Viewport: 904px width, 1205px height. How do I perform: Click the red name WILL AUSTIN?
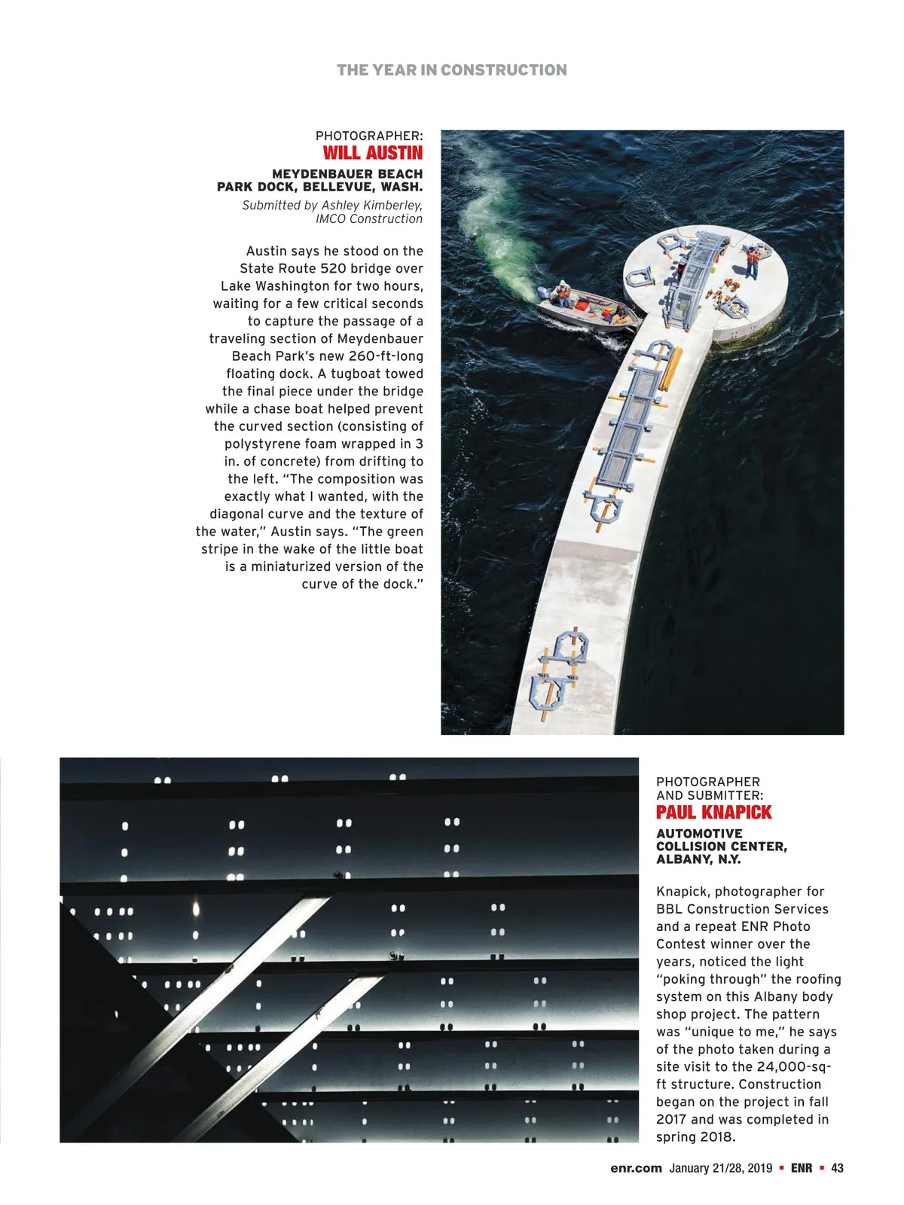click(x=373, y=153)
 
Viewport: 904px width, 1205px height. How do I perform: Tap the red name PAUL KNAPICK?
click(x=713, y=813)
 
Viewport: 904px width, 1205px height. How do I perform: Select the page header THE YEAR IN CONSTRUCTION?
click(x=451, y=70)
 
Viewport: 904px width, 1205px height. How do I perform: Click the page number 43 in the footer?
click(x=837, y=1168)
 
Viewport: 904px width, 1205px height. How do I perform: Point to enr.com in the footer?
click(x=636, y=1168)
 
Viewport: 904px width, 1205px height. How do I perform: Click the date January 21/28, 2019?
click(x=720, y=1168)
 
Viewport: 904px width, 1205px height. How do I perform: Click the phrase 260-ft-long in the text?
click(x=386, y=356)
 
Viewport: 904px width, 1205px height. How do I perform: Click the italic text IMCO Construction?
click(x=369, y=219)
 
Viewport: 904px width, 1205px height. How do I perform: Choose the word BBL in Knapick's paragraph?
click(x=670, y=909)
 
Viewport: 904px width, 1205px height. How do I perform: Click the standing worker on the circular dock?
click(x=752, y=261)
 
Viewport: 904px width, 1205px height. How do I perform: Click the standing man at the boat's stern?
click(x=562, y=293)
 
